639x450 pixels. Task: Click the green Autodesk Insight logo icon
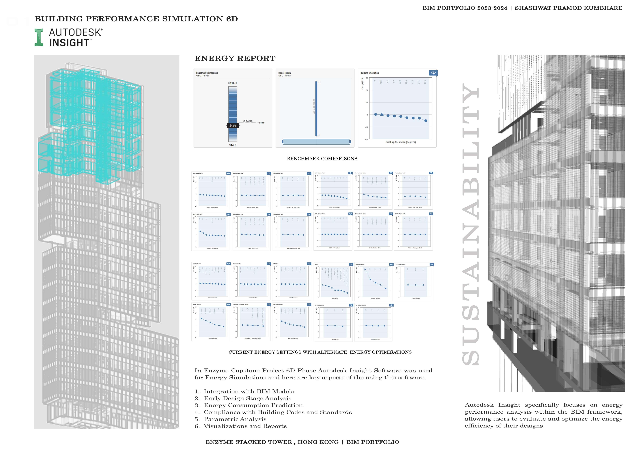coord(39,37)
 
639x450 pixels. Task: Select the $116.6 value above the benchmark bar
coord(233,83)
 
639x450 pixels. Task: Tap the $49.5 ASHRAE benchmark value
coord(262,123)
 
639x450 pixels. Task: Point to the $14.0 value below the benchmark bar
coord(233,145)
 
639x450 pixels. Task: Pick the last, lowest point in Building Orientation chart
coord(426,121)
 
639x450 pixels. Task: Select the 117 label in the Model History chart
coord(319,82)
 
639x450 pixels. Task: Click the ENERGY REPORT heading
coord(235,59)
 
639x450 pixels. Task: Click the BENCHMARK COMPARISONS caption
coord(322,159)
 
